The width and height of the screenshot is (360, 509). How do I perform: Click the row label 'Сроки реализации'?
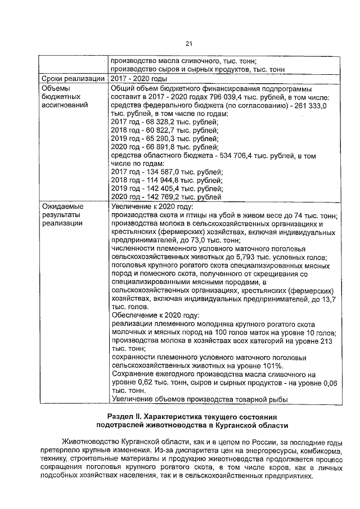point(73,79)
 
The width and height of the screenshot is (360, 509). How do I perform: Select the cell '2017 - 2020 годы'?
point(139,79)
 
